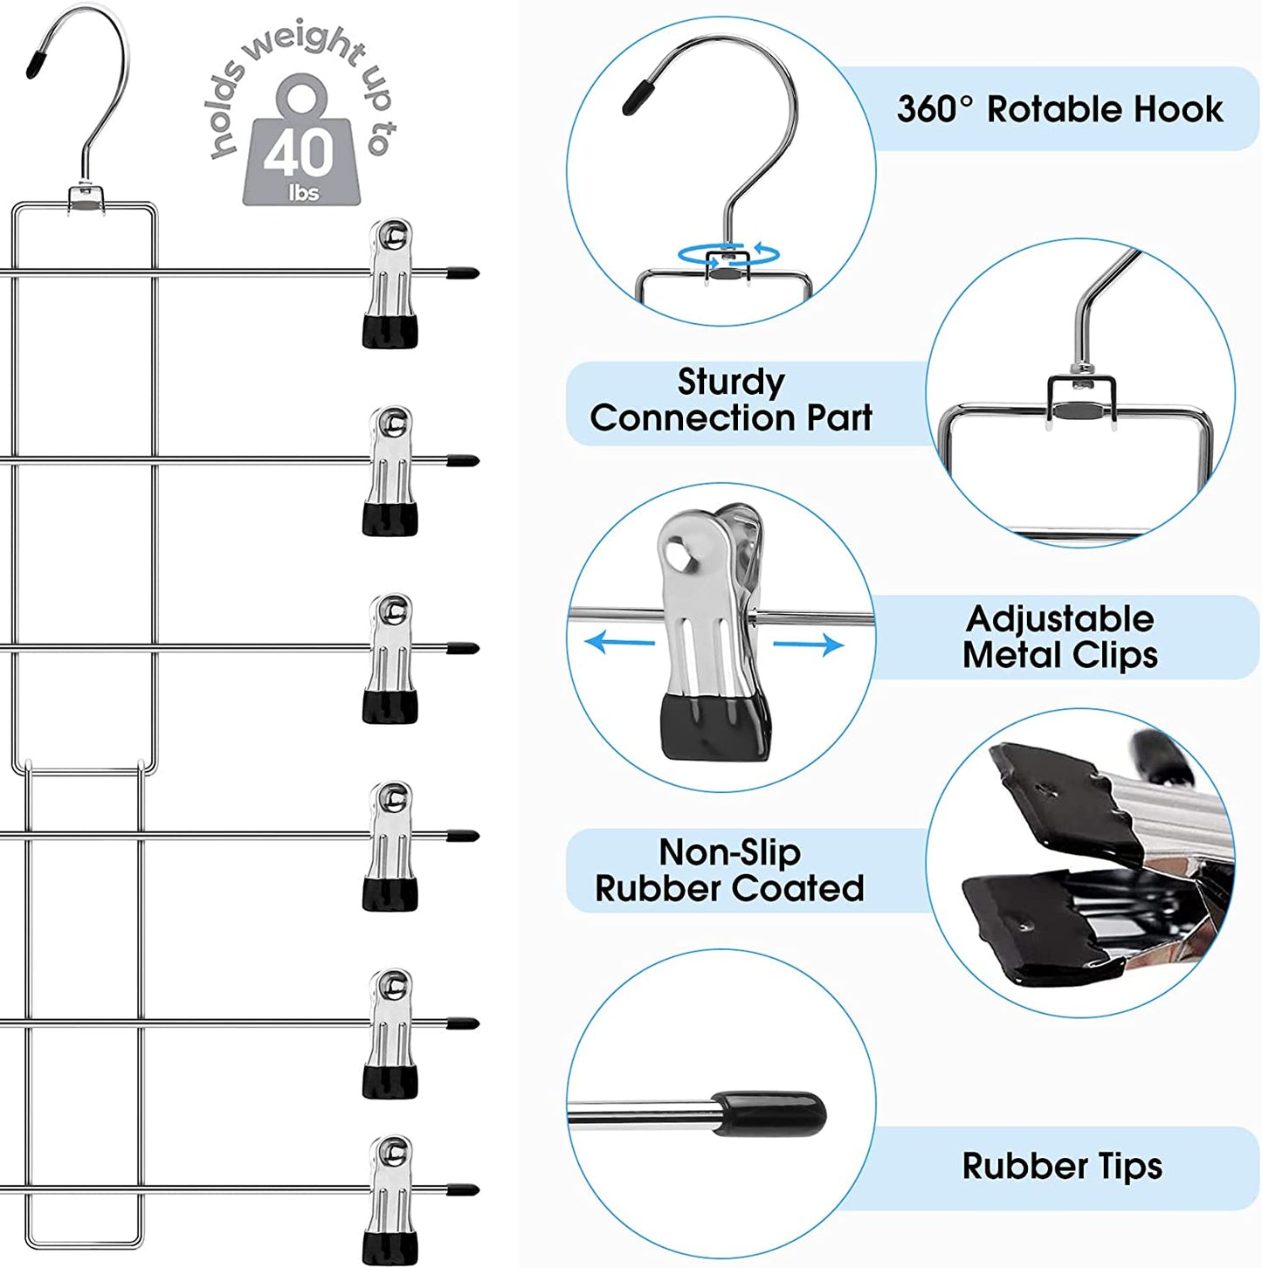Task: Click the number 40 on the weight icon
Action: point(300,151)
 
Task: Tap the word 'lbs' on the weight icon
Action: point(303,193)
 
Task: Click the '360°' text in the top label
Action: point(934,110)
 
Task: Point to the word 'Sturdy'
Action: point(731,382)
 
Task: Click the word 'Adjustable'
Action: point(1059,619)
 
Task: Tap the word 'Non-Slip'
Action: point(729,851)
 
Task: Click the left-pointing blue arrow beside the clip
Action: point(619,644)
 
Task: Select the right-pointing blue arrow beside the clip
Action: point(809,645)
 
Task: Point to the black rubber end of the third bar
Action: point(463,649)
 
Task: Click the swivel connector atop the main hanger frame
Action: point(85,197)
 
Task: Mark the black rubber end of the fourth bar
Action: point(463,837)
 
